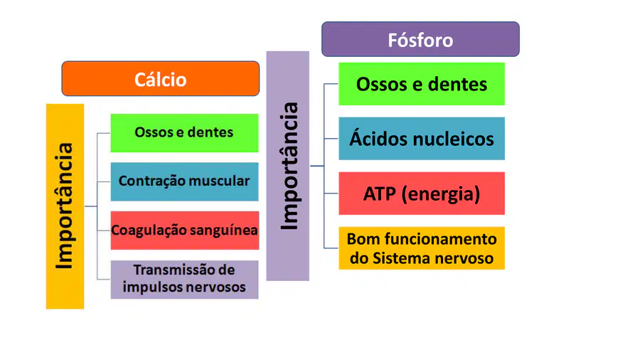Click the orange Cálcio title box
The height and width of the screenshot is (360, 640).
tap(161, 79)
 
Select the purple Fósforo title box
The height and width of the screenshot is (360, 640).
tap(420, 39)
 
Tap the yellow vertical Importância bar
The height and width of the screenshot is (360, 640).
tap(65, 206)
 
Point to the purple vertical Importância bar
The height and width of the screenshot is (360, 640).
tap(288, 166)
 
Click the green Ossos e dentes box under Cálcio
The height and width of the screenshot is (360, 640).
tap(184, 133)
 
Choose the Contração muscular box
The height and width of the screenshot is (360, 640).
tap(184, 181)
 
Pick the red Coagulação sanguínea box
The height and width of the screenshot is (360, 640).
tap(184, 231)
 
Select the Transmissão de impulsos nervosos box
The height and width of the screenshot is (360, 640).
tap(184, 280)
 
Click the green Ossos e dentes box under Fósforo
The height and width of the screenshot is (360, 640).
tap(422, 84)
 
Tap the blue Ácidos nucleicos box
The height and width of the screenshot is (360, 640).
tap(422, 138)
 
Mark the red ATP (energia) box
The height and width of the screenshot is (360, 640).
tap(422, 193)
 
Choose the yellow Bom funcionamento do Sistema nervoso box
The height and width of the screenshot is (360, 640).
tap(422, 248)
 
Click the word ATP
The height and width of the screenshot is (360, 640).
tap(380, 194)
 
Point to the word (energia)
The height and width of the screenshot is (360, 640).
tap(441, 194)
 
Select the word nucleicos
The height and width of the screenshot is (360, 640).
tap(454, 139)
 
